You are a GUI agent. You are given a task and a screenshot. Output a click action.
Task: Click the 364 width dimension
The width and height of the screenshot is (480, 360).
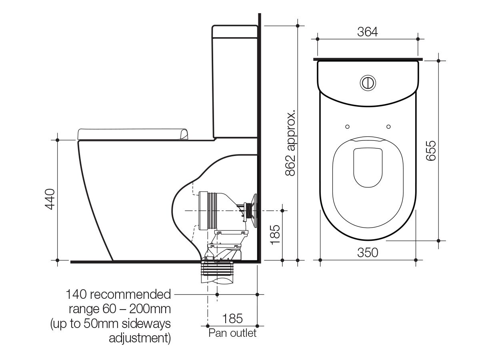[x=367, y=32]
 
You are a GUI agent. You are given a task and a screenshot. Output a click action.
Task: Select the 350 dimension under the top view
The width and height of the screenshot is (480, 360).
[x=368, y=253]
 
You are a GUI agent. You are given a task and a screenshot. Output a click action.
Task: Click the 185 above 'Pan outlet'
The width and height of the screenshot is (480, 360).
[x=232, y=319]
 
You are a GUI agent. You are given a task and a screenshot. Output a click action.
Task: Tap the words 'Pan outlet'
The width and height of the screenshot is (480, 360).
[x=232, y=333]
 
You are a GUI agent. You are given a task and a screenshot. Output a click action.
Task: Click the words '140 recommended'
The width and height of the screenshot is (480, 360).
[x=118, y=295]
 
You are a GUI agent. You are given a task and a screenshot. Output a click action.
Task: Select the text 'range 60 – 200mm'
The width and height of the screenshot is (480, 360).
[x=120, y=309]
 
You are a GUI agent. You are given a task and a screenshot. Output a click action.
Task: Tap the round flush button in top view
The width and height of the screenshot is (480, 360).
[x=368, y=82]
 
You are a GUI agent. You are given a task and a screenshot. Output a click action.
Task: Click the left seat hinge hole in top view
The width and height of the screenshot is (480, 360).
[x=347, y=126]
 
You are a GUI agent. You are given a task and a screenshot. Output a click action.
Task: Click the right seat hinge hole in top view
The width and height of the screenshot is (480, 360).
[x=388, y=126]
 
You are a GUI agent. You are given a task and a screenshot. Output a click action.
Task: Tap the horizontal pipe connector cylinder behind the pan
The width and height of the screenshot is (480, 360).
[x=209, y=210]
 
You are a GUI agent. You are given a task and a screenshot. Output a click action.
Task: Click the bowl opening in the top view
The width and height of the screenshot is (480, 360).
[x=368, y=168]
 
